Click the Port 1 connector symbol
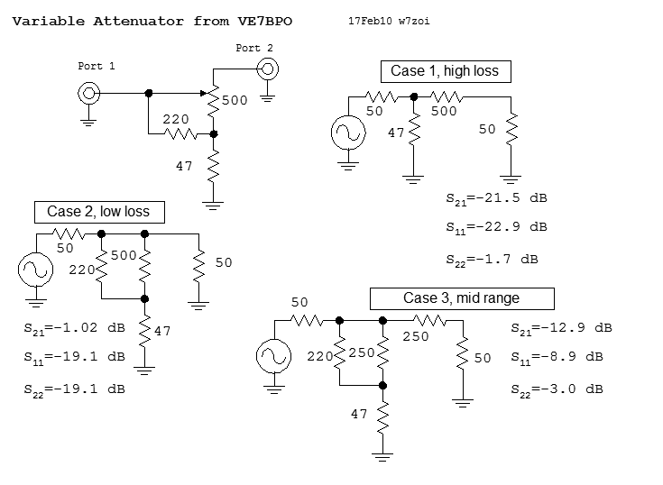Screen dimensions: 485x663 pos(87,92)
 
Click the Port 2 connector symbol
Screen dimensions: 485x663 pos(267,67)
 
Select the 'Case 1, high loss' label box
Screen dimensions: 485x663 pos(444,71)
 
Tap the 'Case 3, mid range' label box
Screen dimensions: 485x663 pos(461,298)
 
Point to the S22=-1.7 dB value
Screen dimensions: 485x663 pos(492,260)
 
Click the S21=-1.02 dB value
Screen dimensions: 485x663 pos(74,331)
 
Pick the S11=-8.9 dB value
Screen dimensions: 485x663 pos(557,357)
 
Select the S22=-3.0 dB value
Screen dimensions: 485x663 pos(557,389)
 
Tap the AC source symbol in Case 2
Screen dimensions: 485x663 pos(35,270)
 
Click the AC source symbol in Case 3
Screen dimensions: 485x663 pos(270,356)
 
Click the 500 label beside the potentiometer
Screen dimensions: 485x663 pos(235,101)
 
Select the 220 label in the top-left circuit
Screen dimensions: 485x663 pos(176,119)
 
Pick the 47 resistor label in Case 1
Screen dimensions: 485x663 pos(396,133)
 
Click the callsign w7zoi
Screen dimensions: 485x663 pos(414,20)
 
